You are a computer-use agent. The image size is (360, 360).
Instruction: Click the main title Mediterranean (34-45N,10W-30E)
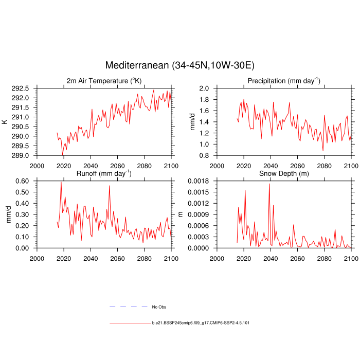click(180, 65)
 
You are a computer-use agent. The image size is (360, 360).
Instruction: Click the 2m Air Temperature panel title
click(104, 81)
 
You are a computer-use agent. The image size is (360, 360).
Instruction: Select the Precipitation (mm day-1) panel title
click(283, 81)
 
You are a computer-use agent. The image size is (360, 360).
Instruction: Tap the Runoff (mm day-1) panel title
click(104, 173)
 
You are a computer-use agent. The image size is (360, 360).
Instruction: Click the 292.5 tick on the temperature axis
click(21, 88)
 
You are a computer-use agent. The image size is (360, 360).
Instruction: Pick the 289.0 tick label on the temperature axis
click(21, 155)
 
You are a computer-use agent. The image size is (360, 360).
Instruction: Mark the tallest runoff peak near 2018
click(61, 182)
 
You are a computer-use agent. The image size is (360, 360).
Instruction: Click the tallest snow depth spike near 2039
click(269, 184)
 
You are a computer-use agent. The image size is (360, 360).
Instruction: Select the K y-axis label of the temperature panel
click(5, 122)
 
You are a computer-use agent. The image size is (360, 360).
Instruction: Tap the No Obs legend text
click(159, 307)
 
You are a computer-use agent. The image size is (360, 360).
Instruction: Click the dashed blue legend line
click(129, 307)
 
